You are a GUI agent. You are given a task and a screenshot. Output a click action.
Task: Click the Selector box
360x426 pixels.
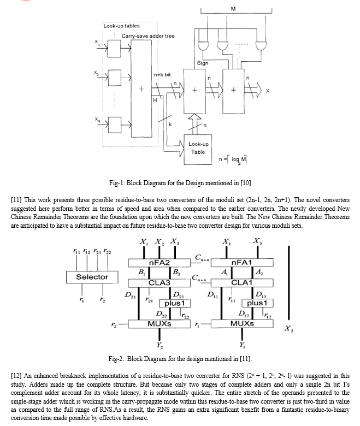tap(92, 277)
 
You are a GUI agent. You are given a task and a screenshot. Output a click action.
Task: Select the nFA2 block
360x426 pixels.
tap(159, 263)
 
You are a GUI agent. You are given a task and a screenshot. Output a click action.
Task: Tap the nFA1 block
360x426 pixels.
tap(242, 263)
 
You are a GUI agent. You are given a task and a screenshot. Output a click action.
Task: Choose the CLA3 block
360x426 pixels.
tap(159, 283)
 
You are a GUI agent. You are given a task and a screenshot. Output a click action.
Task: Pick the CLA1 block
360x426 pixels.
tap(242, 283)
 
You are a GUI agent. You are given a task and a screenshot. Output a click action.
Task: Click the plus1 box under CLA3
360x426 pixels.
tap(175, 303)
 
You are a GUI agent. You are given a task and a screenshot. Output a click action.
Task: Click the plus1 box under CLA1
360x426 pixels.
tap(257, 303)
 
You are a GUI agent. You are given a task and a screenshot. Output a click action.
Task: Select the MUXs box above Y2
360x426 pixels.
tap(159, 324)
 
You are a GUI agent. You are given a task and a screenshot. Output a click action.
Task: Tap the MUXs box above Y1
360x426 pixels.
tap(242, 324)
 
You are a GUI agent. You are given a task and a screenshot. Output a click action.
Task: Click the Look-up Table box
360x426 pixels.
tap(198, 150)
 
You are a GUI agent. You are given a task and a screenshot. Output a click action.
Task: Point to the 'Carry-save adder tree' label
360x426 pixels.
tap(148, 36)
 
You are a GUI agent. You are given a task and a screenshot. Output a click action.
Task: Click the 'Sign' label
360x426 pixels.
tap(203, 63)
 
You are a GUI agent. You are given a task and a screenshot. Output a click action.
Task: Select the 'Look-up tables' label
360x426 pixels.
tap(121, 26)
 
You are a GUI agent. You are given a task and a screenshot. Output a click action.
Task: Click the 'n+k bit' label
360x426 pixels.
tap(162, 75)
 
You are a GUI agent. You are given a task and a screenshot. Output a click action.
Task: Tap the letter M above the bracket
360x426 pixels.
tap(233, 9)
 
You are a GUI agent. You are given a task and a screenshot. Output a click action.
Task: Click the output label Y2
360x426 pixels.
tap(160, 345)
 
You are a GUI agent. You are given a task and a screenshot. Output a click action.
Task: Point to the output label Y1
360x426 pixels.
tap(242, 345)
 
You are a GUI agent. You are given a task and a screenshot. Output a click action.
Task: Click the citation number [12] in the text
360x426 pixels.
tap(16, 376)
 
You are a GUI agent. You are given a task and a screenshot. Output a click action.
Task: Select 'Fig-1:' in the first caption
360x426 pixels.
tap(117, 183)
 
